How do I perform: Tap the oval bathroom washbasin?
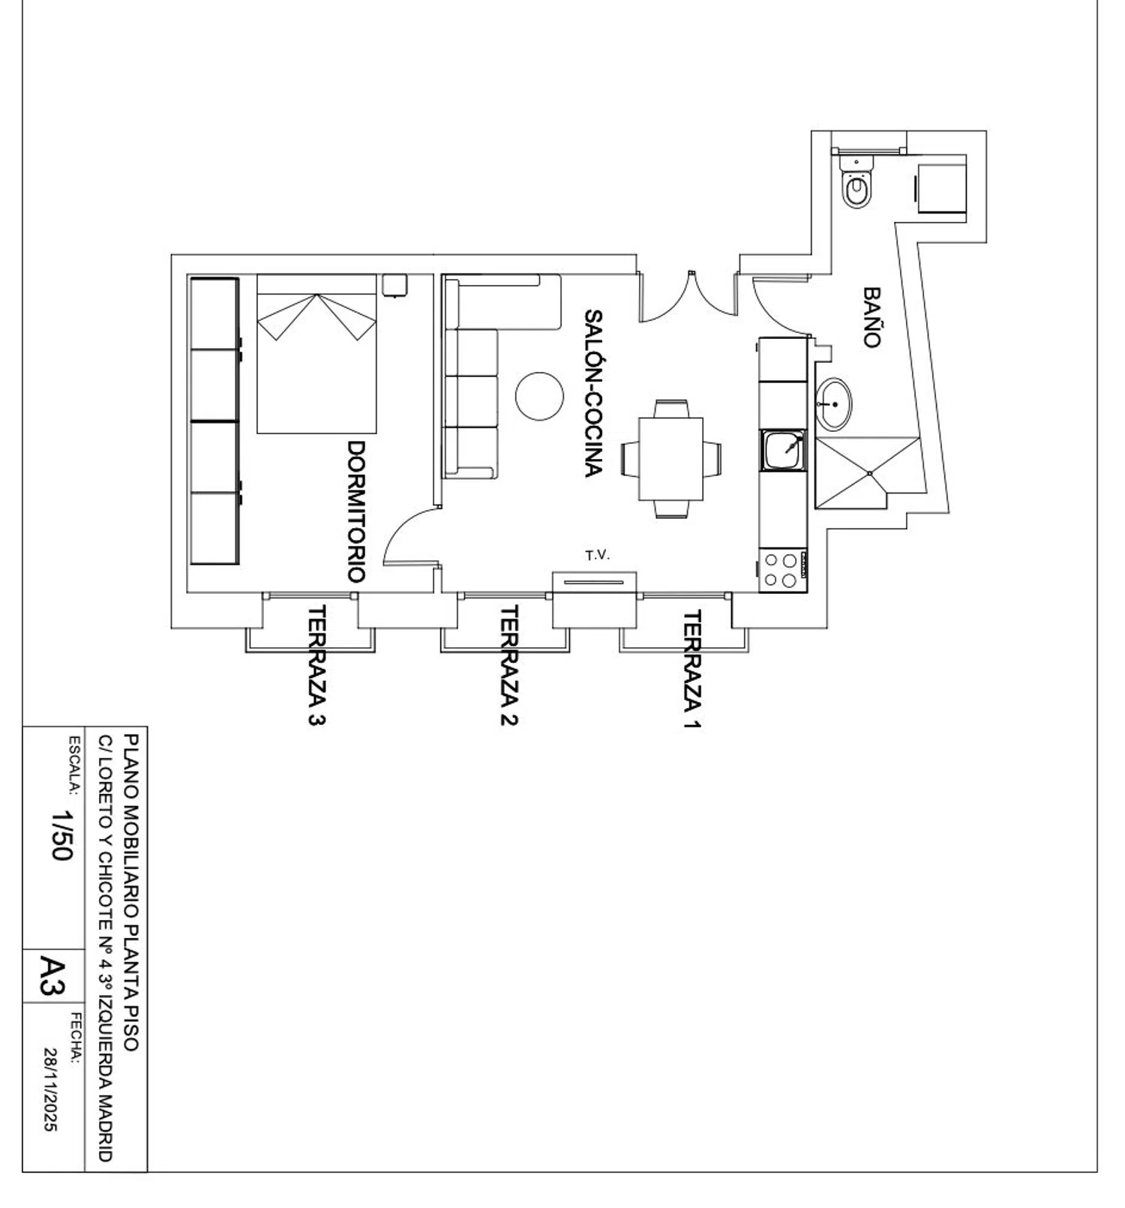point(833,404)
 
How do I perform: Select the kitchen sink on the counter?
point(784,450)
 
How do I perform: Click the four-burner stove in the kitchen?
point(782,571)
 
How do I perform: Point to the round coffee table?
point(539,397)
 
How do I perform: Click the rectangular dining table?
point(671,459)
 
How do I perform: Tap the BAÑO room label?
point(870,317)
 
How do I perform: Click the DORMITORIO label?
point(356,511)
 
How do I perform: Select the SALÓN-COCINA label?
point(593,393)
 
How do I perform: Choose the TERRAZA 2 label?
point(508,666)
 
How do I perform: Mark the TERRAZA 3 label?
point(317,666)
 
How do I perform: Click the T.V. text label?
point(598,556)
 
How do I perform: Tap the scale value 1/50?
point(62,834)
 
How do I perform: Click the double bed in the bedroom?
point(316,354)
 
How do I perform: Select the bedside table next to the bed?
point(394,285)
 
